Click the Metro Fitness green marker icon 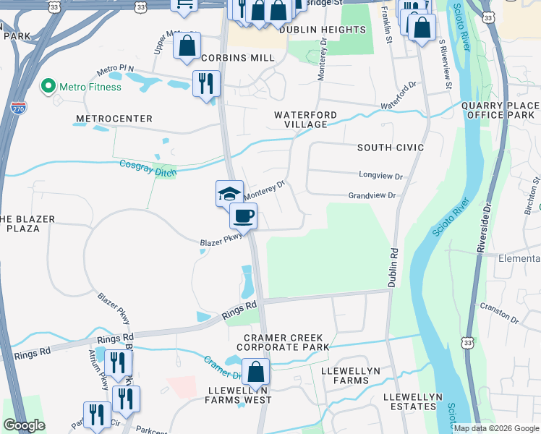[x=48, y=87]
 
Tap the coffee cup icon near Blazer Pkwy [x=243, y=216]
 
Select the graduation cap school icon [x=229, y=193]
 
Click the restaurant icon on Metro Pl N [x=205, y=83]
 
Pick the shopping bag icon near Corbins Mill [x=187, y=46]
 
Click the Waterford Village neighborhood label [x=304, y=119]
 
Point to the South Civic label [x=390, y=148]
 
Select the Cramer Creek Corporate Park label [x=286, y=342]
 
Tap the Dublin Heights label [x=322, y=30]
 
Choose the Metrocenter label [x=114, y=118]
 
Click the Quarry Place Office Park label [x=500, y=110]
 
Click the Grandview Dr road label [x=372, y=195]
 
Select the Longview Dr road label [x=380, y=176]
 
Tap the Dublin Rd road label [x=393, y=268]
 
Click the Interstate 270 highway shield [x=20, y=109]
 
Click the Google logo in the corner [x=24, y=425]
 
